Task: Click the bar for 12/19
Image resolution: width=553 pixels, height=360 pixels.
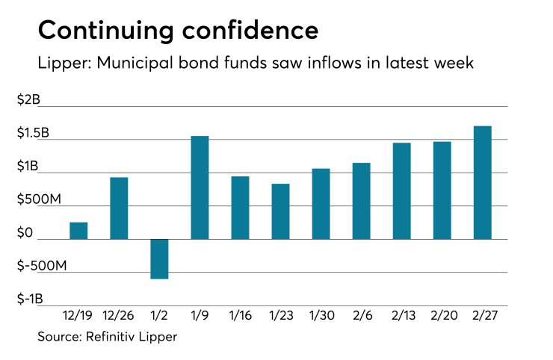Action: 78,231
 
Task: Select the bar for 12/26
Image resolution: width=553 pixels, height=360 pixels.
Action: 119,208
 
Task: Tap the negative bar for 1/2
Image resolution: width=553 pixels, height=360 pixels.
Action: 159,258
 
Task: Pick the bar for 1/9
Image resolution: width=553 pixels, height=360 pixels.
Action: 200,187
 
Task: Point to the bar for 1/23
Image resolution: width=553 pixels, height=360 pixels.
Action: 280,211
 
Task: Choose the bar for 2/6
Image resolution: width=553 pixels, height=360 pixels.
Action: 361,201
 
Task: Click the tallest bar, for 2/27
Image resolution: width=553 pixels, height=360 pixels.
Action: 483,182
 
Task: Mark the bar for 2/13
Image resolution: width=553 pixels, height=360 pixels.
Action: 401,190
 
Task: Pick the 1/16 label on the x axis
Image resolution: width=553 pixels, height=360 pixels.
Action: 240,315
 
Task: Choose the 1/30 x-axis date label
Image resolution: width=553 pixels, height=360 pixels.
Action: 321,315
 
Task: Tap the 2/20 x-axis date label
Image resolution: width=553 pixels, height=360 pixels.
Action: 442,315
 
